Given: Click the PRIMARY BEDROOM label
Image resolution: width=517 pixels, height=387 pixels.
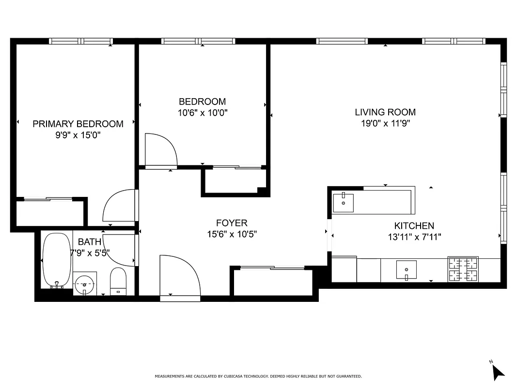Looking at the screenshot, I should point(78,124).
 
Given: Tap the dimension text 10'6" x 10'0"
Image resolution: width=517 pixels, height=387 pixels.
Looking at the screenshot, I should point(202,113).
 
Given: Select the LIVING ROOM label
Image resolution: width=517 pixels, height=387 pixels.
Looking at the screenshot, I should point(385,112).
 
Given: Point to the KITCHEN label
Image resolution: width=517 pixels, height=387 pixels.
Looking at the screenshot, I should point(414,225).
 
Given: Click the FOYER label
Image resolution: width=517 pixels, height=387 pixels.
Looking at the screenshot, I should point(232,223).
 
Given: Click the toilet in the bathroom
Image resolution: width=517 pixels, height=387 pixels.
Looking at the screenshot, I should point(118,281).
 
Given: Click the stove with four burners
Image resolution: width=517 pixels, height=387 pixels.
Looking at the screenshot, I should point(463,269).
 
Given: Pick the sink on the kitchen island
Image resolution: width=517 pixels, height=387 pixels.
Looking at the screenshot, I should point(343,202).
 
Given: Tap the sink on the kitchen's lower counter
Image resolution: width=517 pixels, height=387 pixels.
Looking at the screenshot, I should point(407,269).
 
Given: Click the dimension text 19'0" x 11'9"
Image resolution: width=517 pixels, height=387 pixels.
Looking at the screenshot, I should point(385,123).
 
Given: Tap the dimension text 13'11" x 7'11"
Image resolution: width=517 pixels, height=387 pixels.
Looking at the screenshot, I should point(414,237).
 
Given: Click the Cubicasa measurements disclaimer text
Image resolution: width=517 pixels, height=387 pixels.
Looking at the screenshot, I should point(258,376).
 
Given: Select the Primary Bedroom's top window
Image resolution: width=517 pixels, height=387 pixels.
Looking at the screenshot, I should point(81,41).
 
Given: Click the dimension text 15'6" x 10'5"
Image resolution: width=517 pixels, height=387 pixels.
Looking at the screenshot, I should point(232,234).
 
